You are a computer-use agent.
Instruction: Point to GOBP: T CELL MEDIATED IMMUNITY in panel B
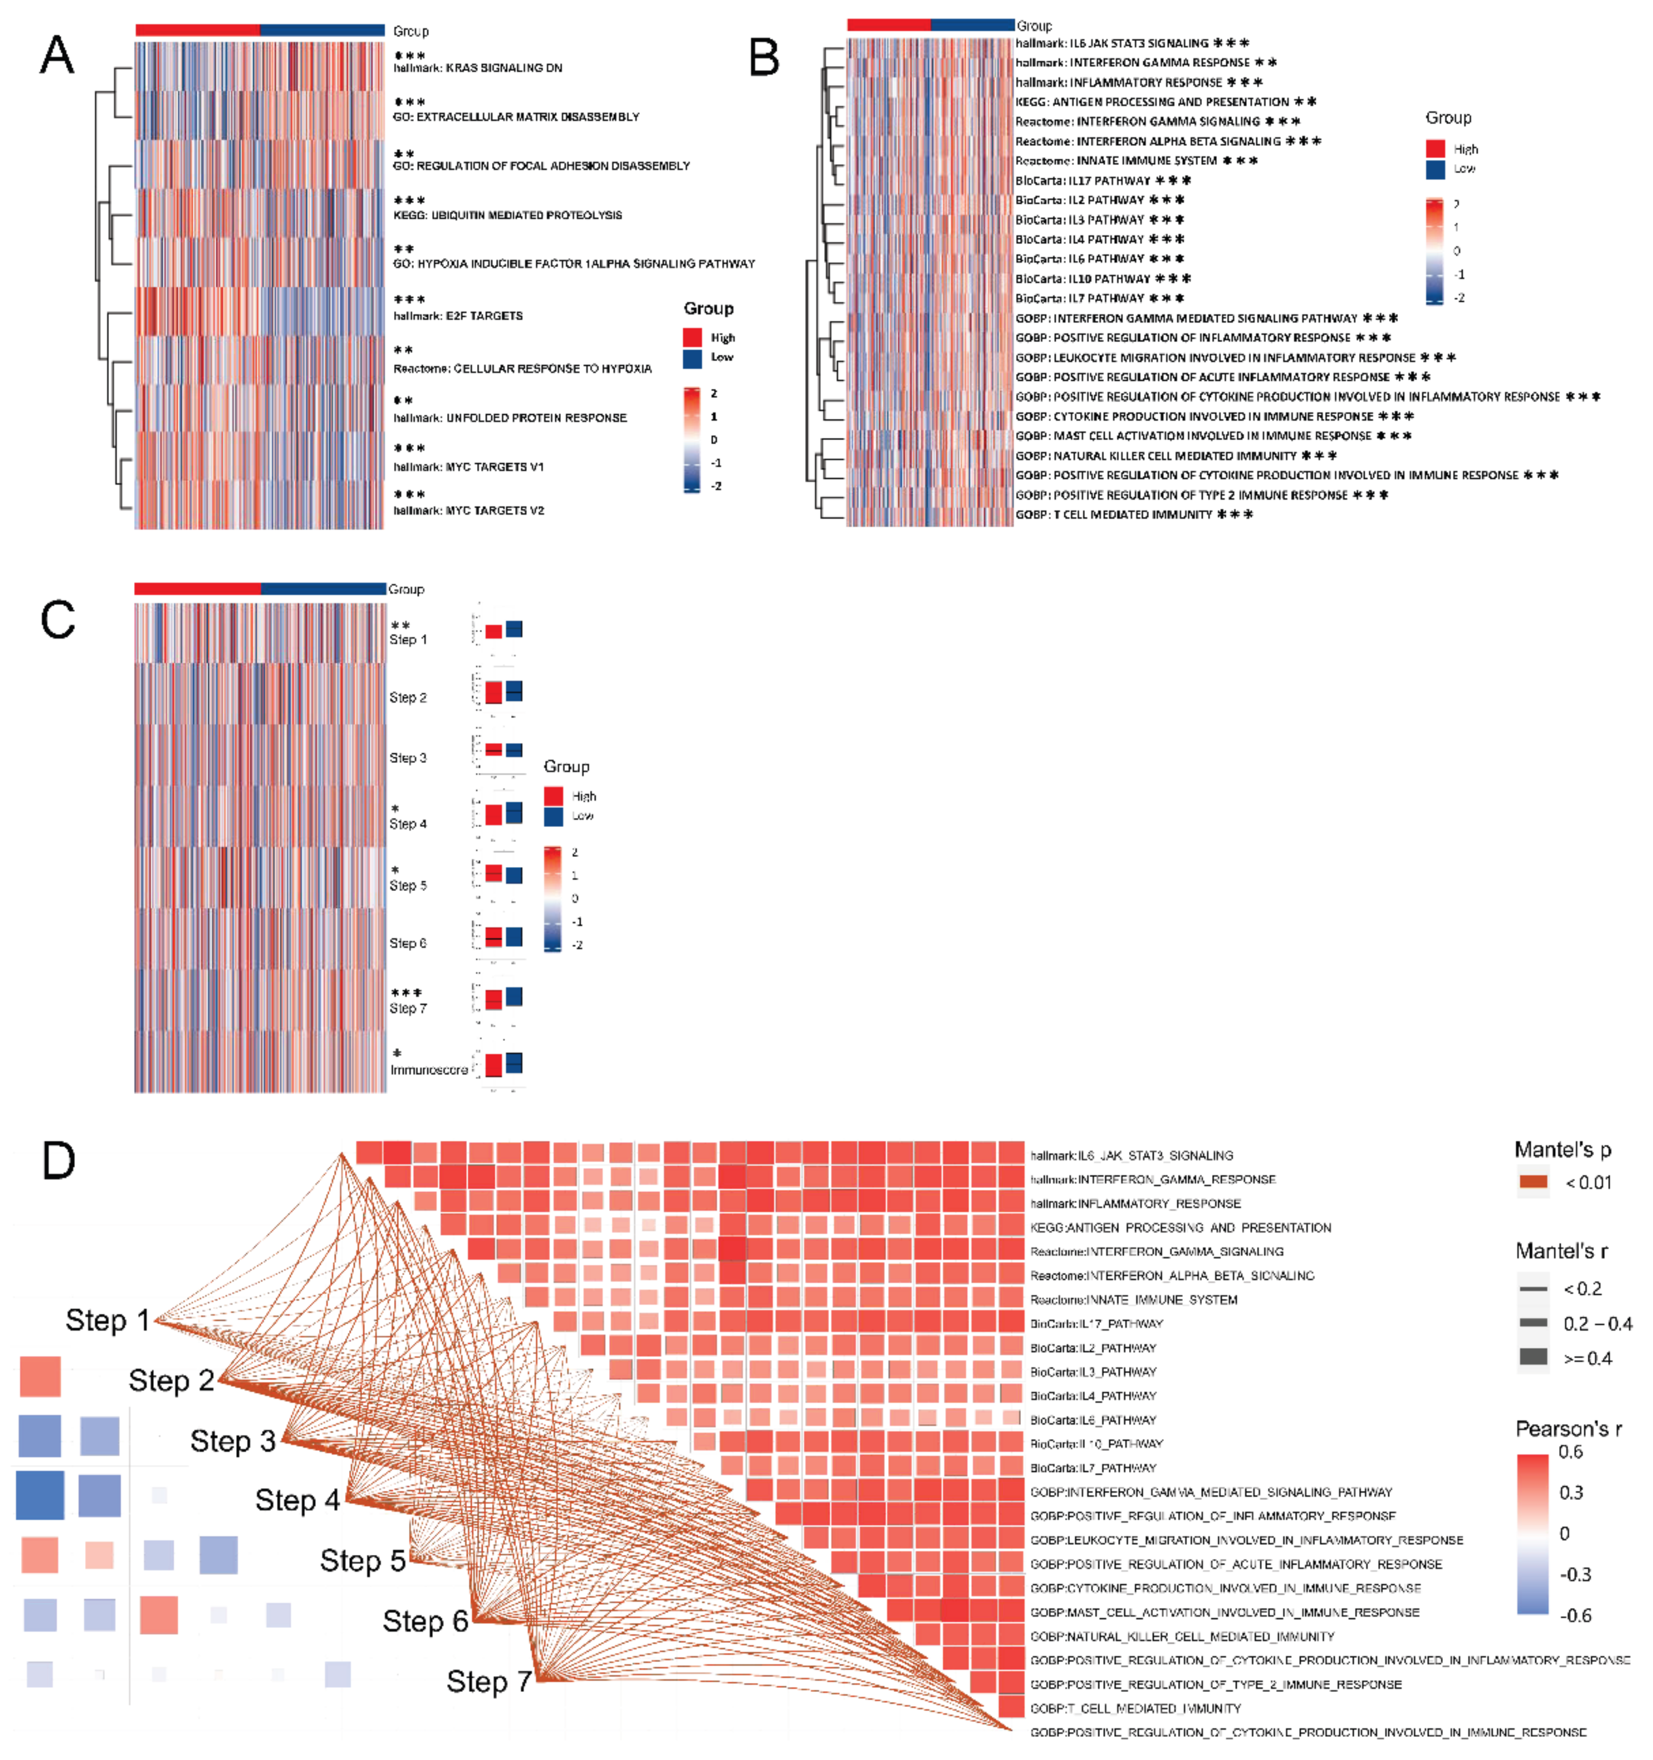(x=1113, y=514)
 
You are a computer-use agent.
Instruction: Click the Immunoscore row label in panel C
(x=429, y=1070)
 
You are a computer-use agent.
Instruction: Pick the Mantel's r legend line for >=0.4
(x=1533, y=1357)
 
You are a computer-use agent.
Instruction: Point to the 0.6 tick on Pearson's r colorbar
(x=1570, y=1452)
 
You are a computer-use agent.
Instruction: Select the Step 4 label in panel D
(x=297, y=1500)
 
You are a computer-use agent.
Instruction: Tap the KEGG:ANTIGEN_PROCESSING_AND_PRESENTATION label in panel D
(x=1180, y=1227)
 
